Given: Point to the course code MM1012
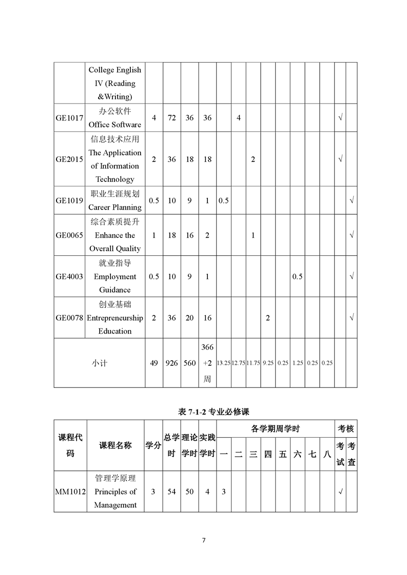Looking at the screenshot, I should (x=70, y=492).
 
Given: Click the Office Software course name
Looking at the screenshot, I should (x=115, y=118).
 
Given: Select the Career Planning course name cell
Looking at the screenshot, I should (x=115, y=200).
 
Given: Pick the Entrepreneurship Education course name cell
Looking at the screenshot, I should (x=115, y=318).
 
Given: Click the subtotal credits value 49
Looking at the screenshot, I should (x=154, y=363).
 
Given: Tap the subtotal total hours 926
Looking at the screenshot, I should (x=172, y=363).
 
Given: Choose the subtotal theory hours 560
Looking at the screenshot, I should (x=190, y=363).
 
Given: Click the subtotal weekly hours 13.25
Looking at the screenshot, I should (x=224, y=363).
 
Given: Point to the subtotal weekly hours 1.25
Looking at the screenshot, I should (x=298, y=363).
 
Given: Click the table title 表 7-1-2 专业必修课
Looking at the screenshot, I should (x=213, y=412).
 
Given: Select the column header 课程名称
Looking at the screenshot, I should (x=115, y=445).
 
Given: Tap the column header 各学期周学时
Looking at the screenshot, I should (x=275, y=429).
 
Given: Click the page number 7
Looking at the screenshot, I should (x=204, y=540).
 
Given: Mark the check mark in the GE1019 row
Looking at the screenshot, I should (x=352, y=200).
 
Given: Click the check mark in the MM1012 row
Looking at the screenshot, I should (x=340, y=492).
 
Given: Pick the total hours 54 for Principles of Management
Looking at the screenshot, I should (x=172, y=492).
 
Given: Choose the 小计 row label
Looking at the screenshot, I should (x=100, y=363).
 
